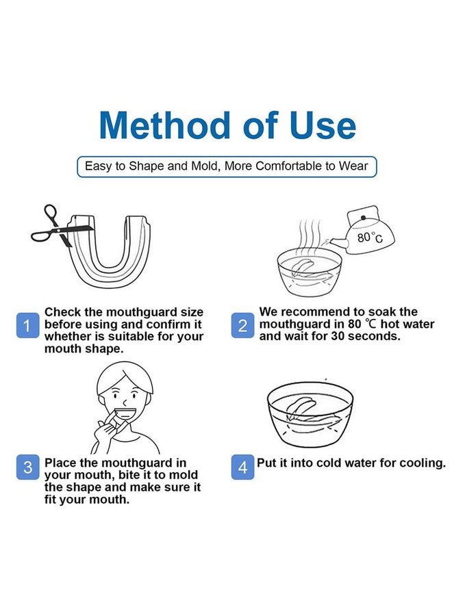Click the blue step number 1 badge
pyautogui.click(x=27, y=325)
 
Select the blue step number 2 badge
pyautogui.click(x=242, y=325)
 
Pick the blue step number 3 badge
pyautogui.click(x=27, y=467)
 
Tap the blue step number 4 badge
pyautogui.click(x=242, y=467)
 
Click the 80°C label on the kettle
pyautogui.click(x=370, y=238)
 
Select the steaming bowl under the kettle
pyautogui.click(x=310, y=272)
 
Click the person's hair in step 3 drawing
pyautogui.click(x=125, y=377)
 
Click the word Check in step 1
pyautogui.click(x=62, y=312)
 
